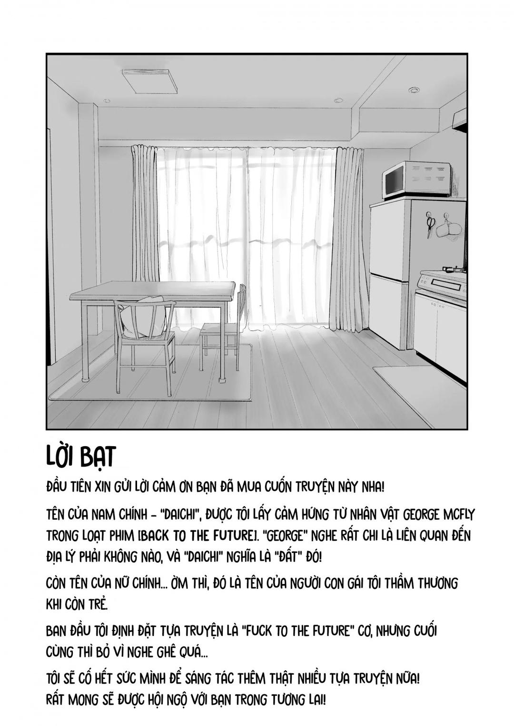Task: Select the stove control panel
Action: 441,284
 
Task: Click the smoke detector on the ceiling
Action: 414,90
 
